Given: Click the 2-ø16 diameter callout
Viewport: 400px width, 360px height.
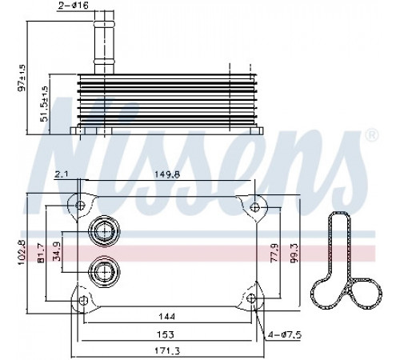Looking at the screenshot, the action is (74, 6).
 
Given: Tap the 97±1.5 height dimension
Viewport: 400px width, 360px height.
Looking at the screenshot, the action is (22, 78).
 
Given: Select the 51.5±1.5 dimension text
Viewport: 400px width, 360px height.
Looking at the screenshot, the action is (45, 103).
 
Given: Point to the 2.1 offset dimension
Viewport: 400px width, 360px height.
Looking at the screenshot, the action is (62, 174).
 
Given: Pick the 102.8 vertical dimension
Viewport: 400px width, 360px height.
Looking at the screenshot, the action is (22, 253).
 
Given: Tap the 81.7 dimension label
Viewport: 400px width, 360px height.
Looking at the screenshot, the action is (42, 254).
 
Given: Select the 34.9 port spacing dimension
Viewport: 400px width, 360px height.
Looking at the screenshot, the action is (58, 251).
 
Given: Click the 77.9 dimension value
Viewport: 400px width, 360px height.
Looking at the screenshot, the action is (274, 253).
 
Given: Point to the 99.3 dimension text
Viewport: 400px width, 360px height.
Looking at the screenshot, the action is (295, 253).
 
